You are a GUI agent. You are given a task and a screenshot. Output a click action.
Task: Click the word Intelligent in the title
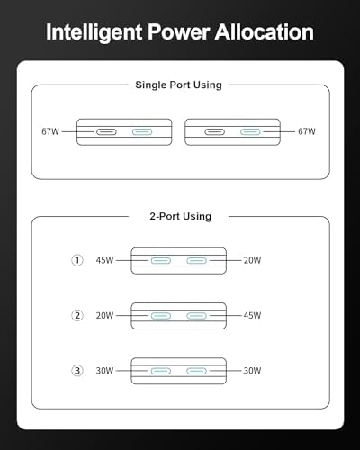coord(94,32)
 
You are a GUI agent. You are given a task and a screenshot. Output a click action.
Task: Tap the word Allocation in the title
coord(265,31)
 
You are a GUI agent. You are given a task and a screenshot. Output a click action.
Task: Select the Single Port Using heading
coord(178,85)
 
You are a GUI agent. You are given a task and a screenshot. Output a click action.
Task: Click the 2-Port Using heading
coord(181,216)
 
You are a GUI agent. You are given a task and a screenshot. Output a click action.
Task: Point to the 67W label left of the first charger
coord(50,131)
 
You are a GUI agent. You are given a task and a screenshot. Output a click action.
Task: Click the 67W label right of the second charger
coord(307,131)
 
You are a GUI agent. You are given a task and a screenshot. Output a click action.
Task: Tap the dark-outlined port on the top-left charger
coord(106,131)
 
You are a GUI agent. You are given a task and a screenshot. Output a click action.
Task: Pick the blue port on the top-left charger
coord(142,131)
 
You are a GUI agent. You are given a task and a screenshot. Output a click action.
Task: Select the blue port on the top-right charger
coord(250,131)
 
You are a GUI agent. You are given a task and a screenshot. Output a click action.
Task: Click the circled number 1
coord(77,260)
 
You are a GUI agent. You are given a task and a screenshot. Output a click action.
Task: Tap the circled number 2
coord(77,315)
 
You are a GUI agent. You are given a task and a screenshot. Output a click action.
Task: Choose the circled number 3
coord(77,371)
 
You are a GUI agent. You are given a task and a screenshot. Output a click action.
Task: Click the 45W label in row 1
coord(104,260)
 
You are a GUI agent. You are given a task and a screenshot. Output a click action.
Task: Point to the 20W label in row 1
coord(252,260)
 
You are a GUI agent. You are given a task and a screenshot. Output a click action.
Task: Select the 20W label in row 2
coord(104,315)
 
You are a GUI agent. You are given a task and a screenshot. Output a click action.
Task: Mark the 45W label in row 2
coord(252,315)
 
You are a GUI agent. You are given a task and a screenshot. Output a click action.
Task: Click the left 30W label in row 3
coord(104,371)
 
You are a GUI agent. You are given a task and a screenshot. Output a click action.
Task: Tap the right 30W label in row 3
coord(252,371)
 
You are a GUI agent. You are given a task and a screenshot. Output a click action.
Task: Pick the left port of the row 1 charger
coord(161,260)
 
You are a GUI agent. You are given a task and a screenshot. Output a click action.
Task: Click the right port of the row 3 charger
coord(196,371)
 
